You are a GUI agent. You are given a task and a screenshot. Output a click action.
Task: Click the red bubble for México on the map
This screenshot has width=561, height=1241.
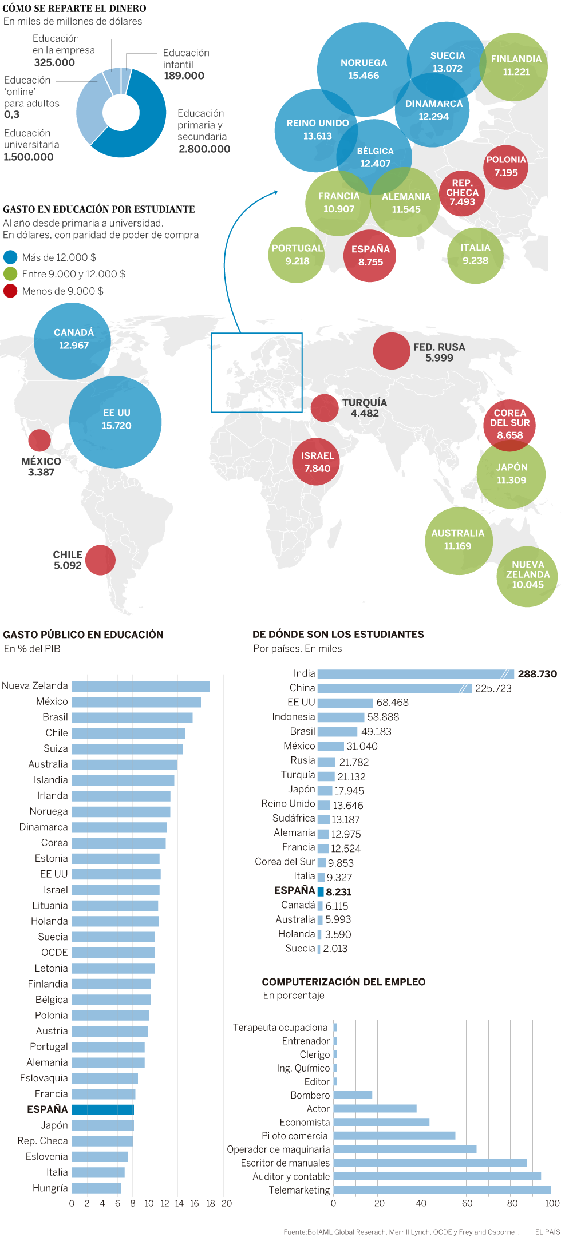39,440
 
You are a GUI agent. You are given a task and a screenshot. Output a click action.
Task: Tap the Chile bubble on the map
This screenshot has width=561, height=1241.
100,560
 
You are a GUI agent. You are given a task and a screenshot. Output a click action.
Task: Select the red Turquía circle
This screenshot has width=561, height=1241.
325,408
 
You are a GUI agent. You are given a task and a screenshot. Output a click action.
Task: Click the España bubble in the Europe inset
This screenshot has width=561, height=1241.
370,256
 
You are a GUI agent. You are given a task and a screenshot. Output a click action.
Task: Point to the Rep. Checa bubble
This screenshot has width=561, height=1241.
462,193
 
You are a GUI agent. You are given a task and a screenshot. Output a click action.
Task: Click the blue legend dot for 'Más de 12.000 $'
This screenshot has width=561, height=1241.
10,257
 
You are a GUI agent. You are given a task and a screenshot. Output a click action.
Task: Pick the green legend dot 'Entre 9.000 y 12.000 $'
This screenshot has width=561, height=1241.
10,273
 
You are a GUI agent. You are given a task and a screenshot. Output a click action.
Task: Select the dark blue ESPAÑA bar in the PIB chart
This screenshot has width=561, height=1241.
103,1109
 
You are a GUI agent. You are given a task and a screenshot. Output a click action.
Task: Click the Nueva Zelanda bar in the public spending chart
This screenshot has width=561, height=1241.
140,686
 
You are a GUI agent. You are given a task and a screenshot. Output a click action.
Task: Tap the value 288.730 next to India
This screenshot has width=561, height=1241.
537,674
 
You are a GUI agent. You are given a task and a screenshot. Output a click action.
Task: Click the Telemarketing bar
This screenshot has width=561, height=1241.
442,1190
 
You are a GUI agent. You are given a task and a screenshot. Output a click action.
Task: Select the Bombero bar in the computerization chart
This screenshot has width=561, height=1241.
353,1095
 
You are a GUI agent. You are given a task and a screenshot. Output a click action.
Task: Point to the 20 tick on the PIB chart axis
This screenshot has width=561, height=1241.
227,1203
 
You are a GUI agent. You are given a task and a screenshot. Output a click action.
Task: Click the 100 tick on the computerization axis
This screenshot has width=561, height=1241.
552,1203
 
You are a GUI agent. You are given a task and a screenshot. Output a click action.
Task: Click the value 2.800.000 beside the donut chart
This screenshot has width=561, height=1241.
204,149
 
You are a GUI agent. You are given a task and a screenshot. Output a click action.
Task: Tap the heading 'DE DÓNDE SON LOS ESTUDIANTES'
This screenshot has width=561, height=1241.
338,634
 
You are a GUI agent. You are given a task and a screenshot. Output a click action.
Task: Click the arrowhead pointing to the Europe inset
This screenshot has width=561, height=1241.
275,192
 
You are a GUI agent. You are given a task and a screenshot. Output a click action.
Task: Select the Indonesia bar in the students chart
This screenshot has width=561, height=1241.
341,717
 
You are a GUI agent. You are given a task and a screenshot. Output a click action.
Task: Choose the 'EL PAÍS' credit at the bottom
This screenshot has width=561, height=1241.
547,1231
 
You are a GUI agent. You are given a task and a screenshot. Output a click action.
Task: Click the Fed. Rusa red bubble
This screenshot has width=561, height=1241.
392,351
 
